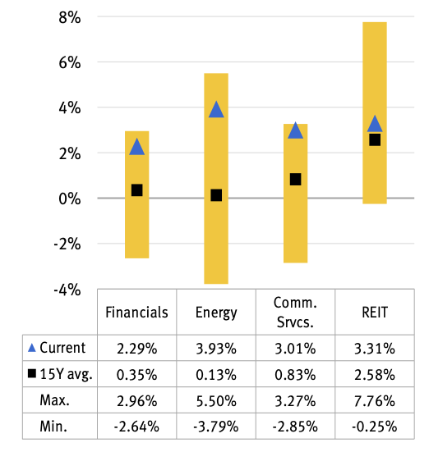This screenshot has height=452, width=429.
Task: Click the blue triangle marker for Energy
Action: pyautogui.click(x=216, y=110)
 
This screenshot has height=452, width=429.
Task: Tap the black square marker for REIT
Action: pyautogui.click(x=375, y=139)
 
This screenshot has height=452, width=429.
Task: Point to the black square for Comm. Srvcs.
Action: pyautogui.click(x=295, y=179)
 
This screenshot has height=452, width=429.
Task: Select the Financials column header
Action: pyautogui.click(x=136, y=312)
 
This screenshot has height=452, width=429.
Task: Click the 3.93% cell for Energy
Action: pyautogui.click(x=216, y=348)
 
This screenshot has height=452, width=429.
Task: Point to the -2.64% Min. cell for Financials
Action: pyautogui.click(x=136, y=427)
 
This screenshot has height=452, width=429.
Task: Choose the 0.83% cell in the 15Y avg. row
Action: pyautogui.click(x=295, y=374)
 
